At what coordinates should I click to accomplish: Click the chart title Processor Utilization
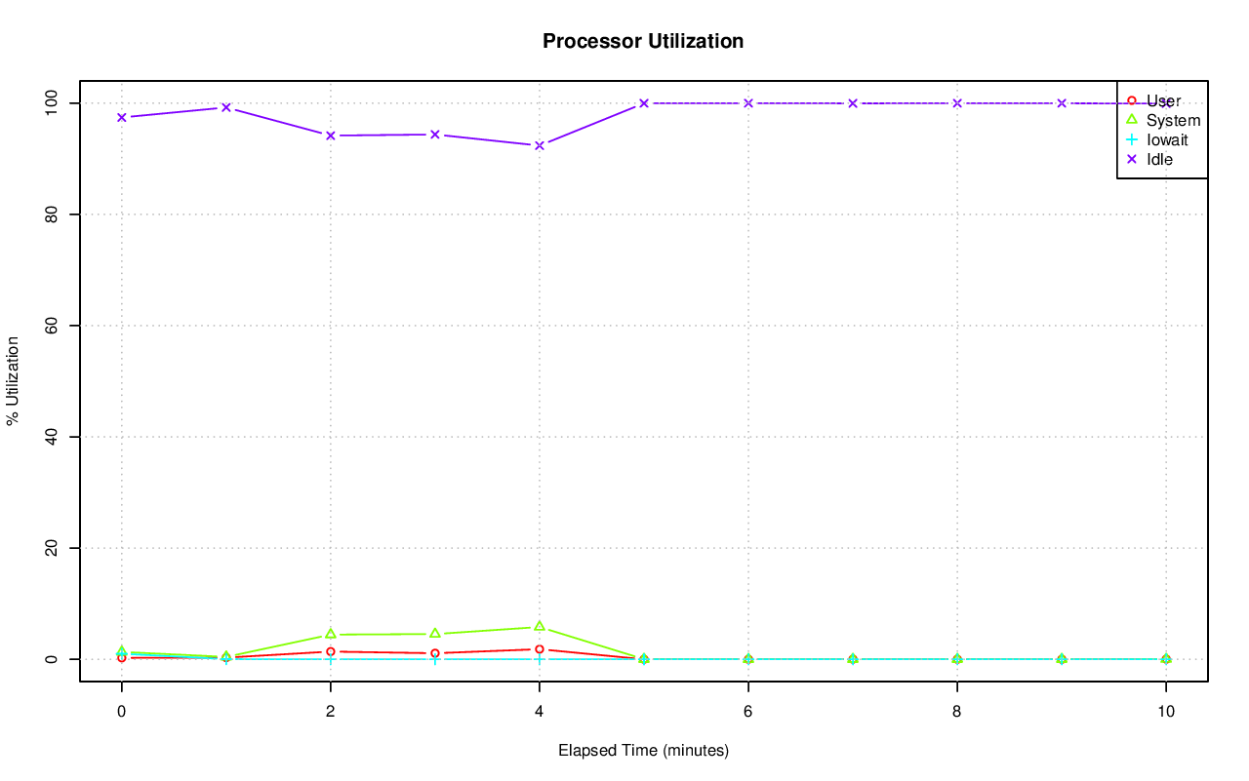(x=643, y=41)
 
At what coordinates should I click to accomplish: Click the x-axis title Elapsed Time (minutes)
(x=643, y=751)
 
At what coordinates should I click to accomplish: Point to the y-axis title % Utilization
(x=13, y=380)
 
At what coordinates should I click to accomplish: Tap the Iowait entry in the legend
(x=1167, y=139)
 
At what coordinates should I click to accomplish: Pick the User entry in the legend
(x=1163, y=100)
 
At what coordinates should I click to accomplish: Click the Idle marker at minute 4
(x=539, y=145)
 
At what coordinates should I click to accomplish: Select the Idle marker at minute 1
(x=225, y=107)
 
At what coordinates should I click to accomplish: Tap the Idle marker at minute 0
(x=121, y=117)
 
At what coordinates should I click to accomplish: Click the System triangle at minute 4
(x=539, y=626)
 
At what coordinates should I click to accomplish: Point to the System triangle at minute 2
(x=330, y=634)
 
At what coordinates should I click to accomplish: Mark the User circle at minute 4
(x=539, y=649)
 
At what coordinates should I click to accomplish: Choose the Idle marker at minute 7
(x=852, y=103)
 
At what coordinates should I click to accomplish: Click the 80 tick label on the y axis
(x=52, y=214)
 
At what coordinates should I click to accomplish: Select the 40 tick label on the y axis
(x=52, y=437)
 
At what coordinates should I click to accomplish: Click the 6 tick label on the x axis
(x=747, y=712)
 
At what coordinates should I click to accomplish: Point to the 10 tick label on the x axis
(x=1165, y=712)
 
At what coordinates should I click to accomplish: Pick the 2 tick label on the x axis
(x=330, y=712)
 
